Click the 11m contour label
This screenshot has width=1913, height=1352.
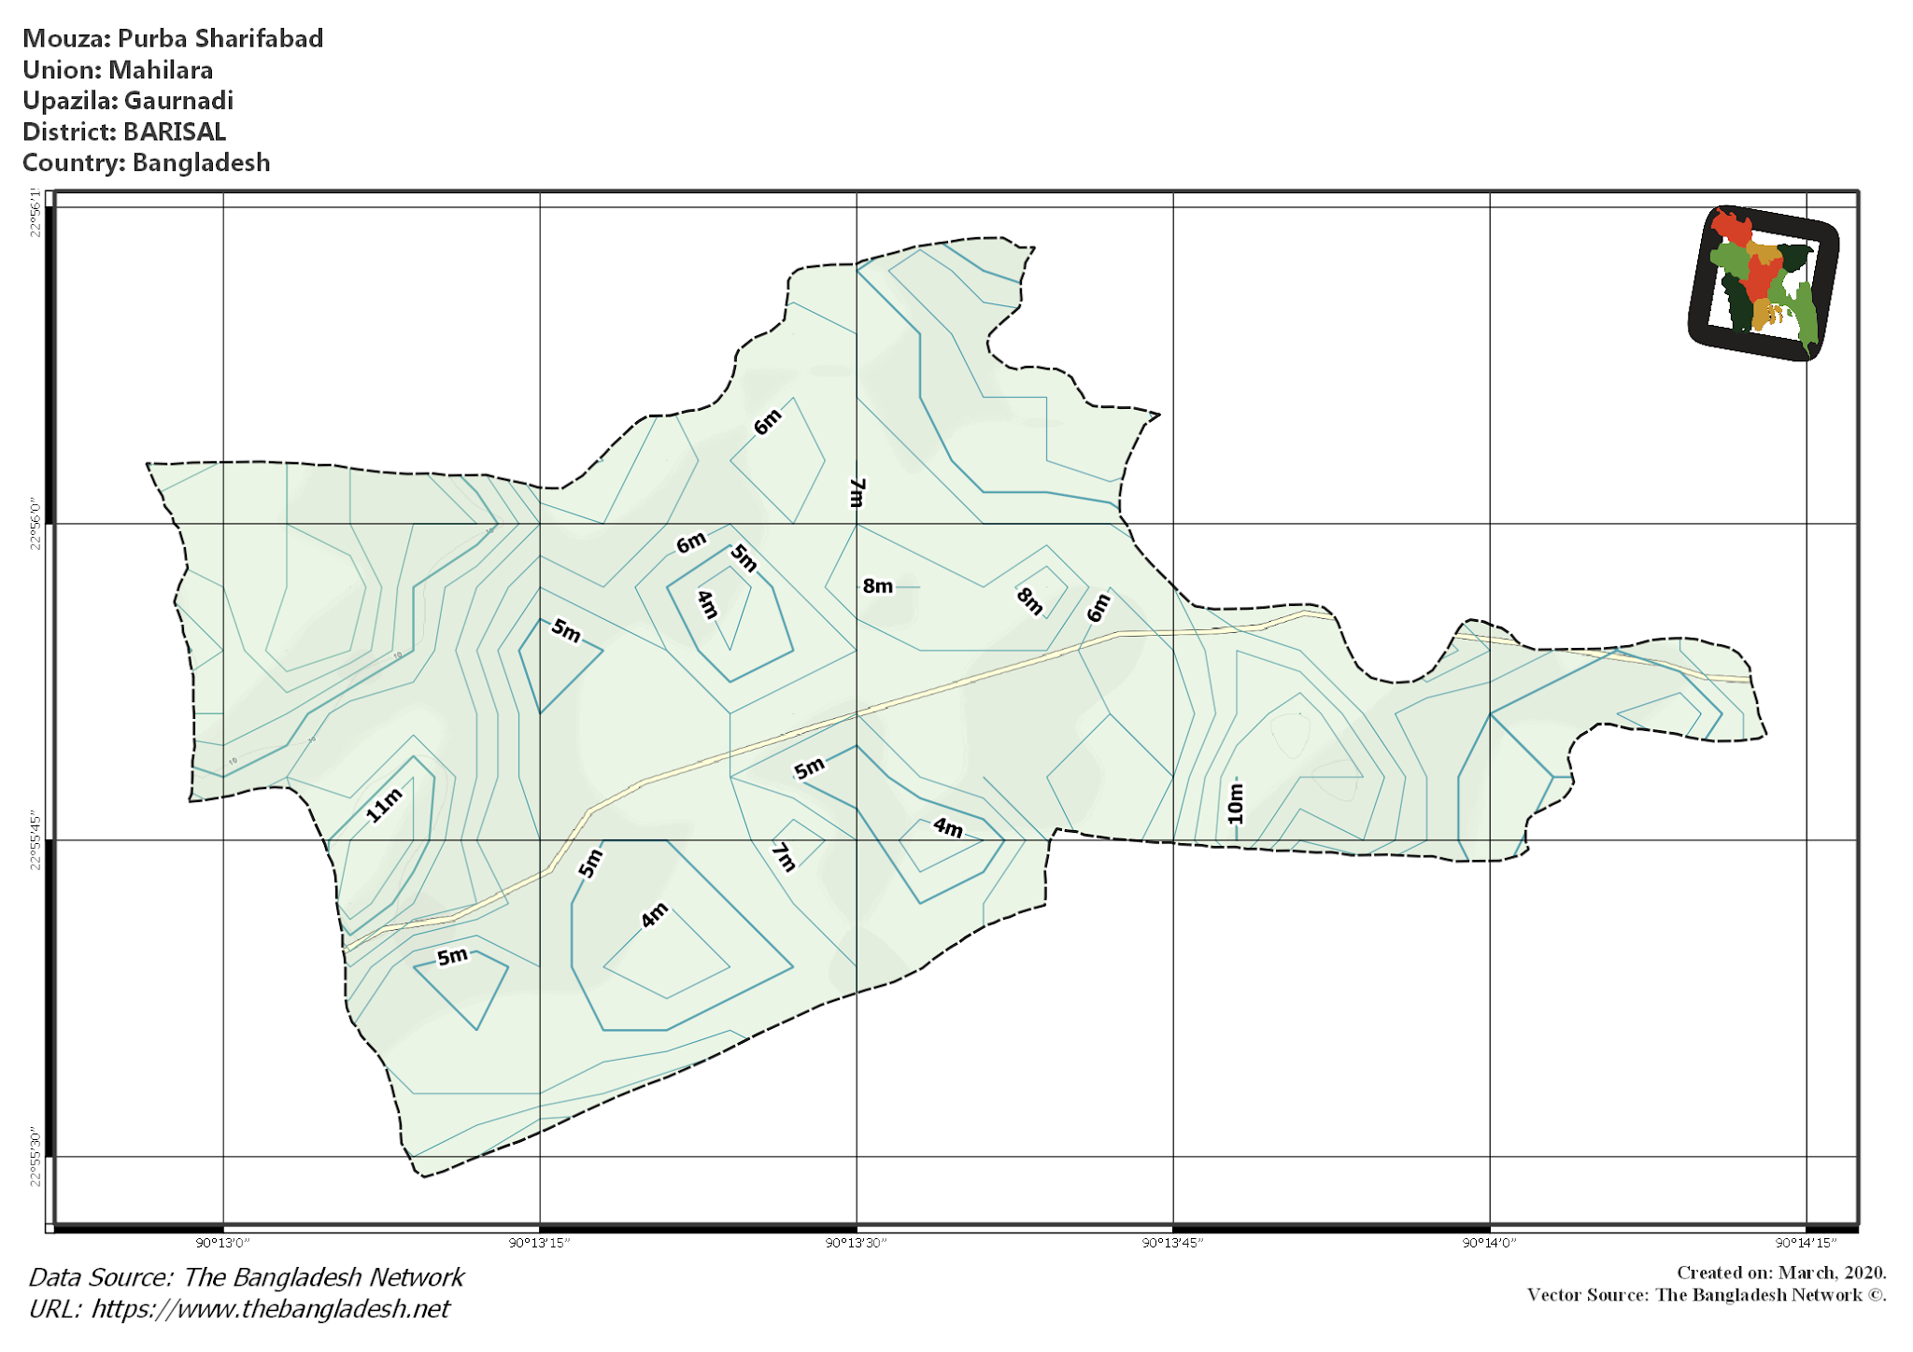(x=384, y=805)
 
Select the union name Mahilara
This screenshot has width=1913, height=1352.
(x=161, y=70)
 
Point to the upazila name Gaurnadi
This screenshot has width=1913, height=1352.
(x=178, y=101)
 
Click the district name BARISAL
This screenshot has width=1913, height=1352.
(x=175, y=132)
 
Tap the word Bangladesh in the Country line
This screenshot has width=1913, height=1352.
(x=201, y=162)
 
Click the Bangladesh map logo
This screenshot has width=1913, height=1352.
(x=1764, y=282)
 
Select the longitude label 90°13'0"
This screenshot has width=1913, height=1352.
(x=222, y=1243)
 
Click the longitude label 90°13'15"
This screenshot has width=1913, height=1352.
(x=539, y=1243)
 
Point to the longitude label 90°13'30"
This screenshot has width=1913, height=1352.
(x=856, y=1243)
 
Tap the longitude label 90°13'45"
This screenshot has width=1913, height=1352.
(x=1172, y=1243)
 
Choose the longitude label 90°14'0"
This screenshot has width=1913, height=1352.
(x=1489, y=1243)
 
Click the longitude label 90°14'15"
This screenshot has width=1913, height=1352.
(x=1806, y=1243)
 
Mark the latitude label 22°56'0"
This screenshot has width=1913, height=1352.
(x=36, y=524)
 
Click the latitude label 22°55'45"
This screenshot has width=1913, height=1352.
(x=36, y=840)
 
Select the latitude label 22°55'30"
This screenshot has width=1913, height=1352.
(x=36, y=1157)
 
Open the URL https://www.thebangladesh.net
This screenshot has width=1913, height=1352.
(x=270, y=1309)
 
